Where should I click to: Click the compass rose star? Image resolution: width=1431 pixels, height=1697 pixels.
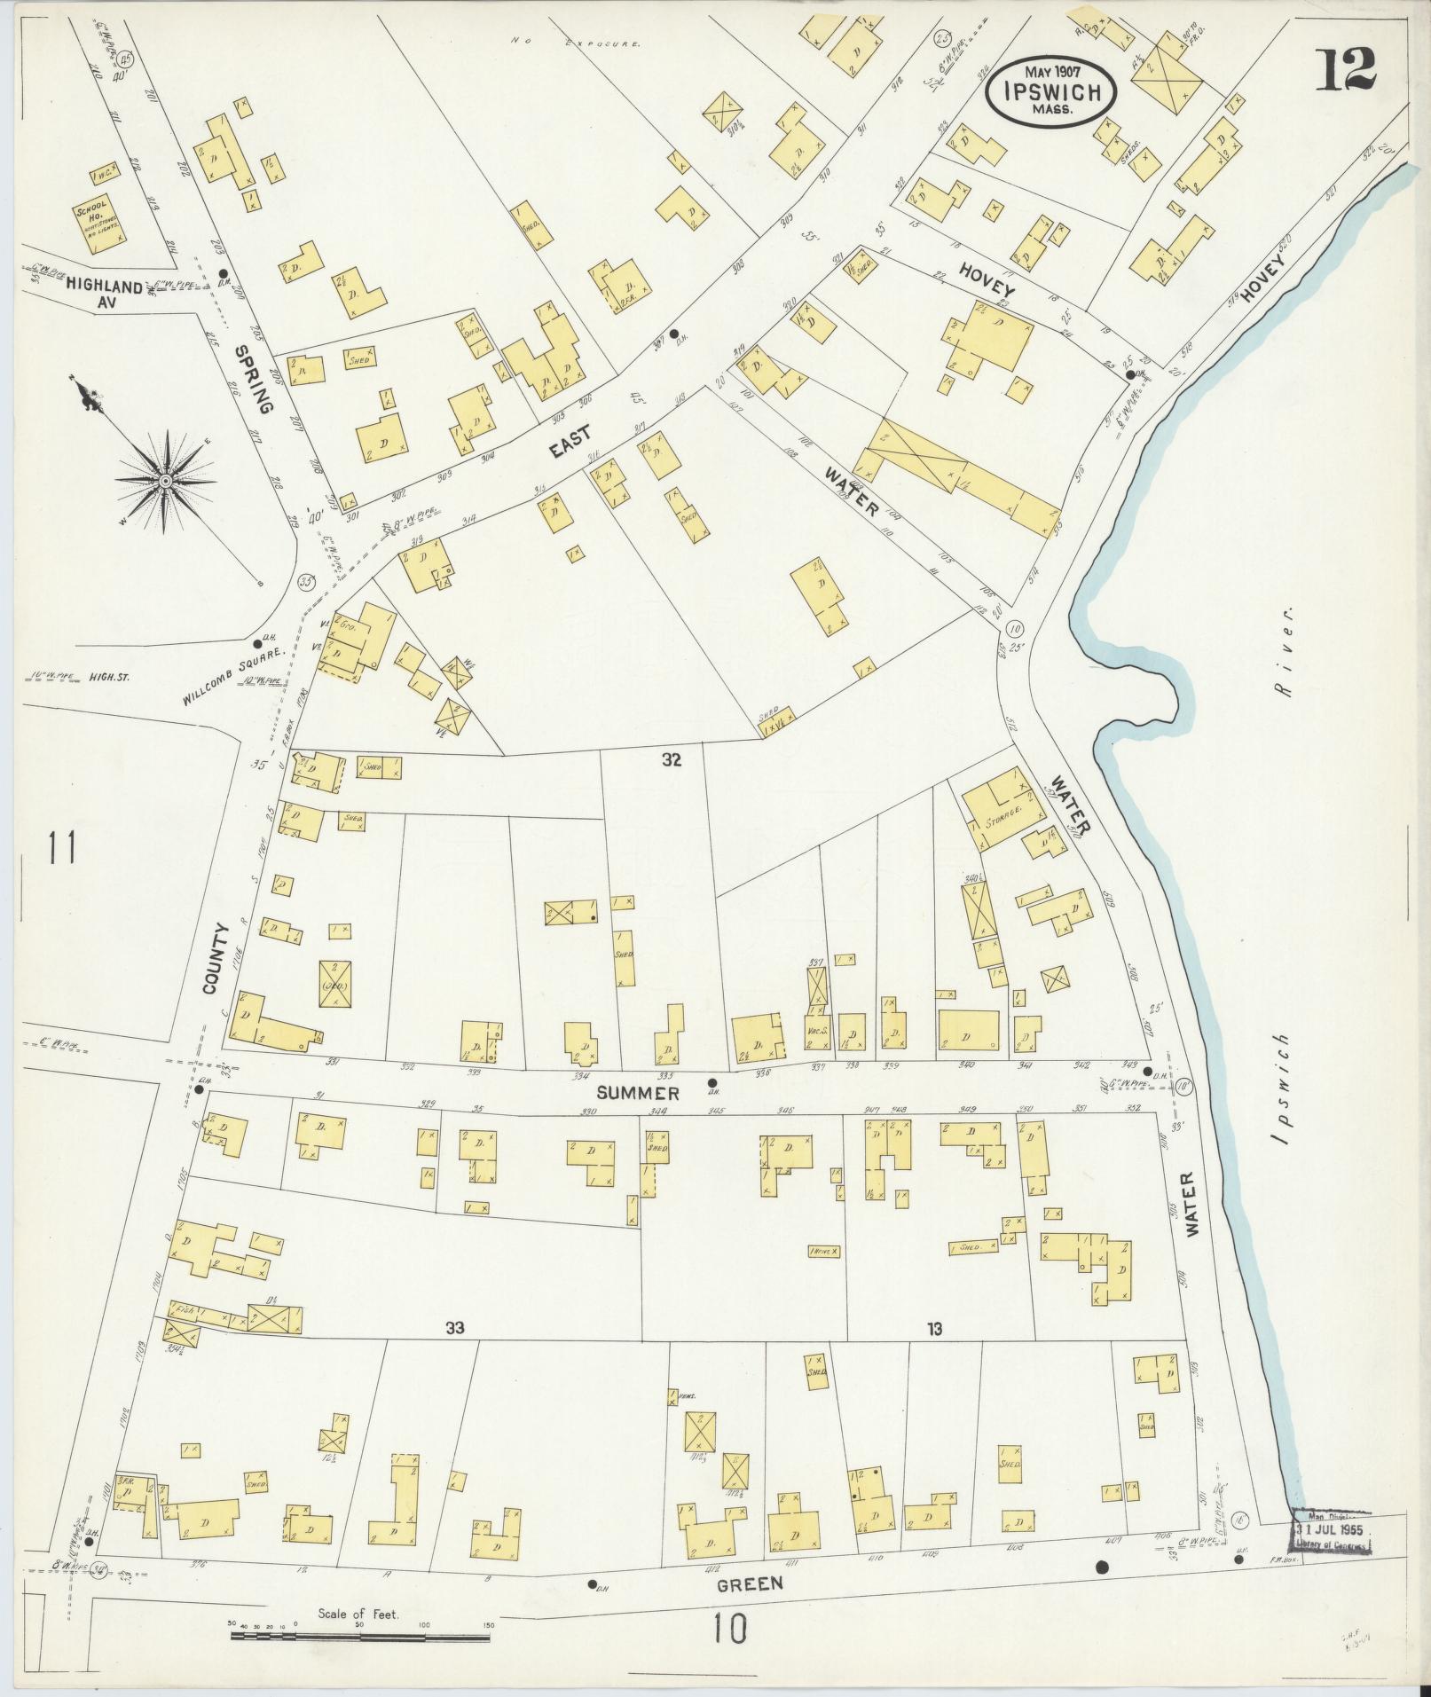[165, 481]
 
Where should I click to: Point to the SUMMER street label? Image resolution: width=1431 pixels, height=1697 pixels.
[637, 1093]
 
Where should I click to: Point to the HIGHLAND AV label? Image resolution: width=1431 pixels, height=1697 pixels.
[102, 294]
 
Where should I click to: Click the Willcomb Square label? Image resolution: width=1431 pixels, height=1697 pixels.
[233, 675]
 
